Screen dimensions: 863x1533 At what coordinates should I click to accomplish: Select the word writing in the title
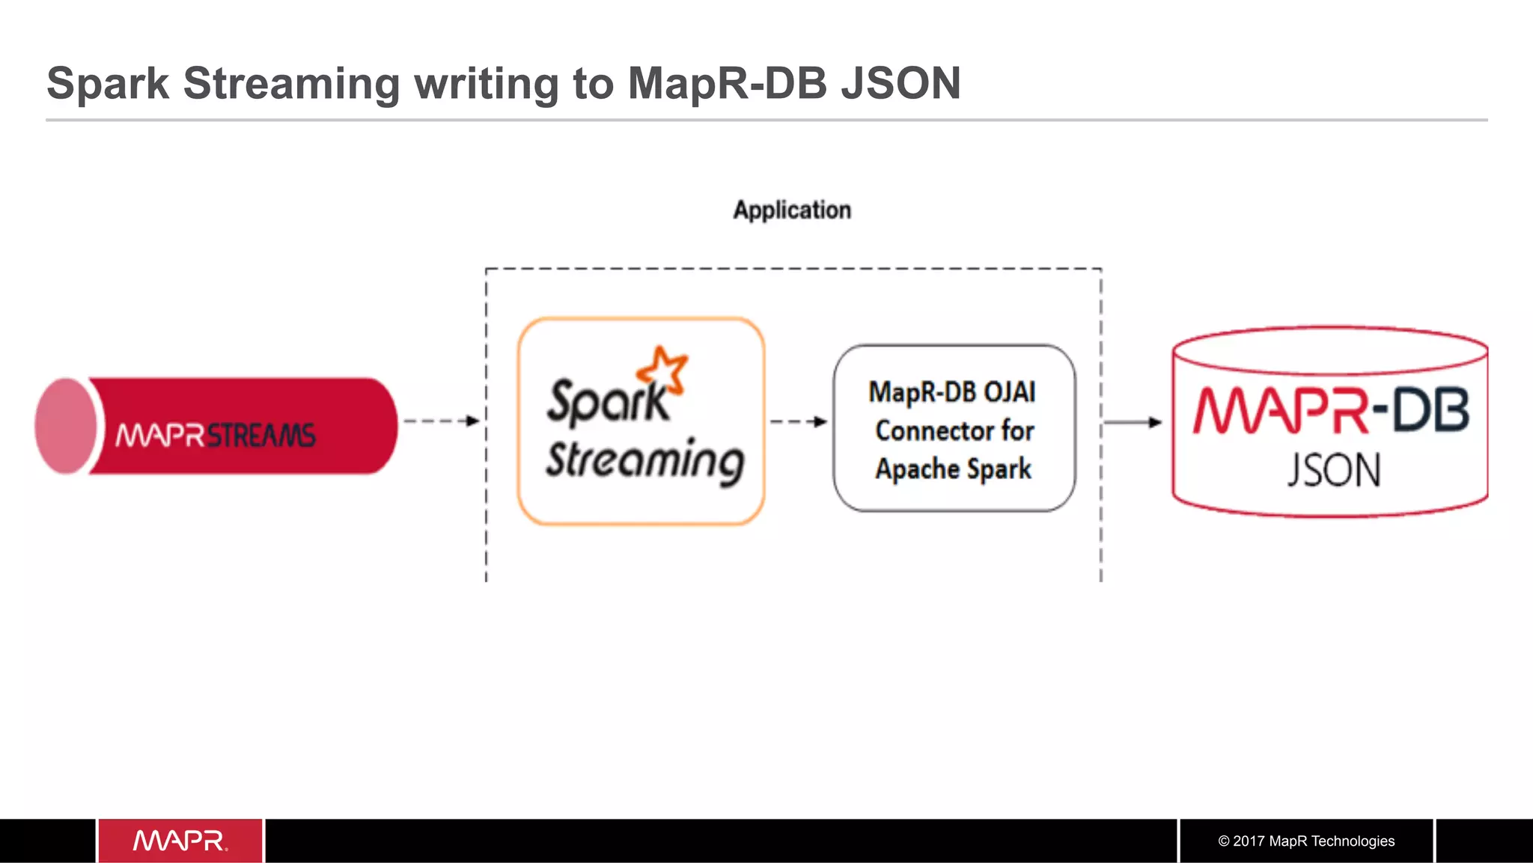[x=487, y=84]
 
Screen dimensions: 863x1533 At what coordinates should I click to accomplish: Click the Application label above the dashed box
[x=792, y=210]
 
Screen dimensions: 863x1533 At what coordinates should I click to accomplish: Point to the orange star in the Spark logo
[x=662, y=368]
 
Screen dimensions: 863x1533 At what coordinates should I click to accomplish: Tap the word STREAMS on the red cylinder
[x=260, y=435]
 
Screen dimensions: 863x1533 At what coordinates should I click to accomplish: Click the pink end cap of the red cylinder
[x=66, y=426]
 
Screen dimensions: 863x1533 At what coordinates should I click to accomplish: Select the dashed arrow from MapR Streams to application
[x=441, y=421]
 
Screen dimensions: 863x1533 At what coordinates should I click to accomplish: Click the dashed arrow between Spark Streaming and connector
[x=798, y=421]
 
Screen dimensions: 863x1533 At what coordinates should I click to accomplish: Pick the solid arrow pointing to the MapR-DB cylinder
[x=1132, y=422]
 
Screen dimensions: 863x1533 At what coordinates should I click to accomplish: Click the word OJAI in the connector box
[x=1009, y=392]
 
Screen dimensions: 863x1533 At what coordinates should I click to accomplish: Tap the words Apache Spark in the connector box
[x=953, y=469]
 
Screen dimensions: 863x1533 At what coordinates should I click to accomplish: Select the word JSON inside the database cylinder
[x=1333, y=471]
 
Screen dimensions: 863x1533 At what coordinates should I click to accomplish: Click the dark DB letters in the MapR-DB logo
[x=1430, y=410]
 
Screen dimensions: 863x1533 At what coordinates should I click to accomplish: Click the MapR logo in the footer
[x=180, y=841]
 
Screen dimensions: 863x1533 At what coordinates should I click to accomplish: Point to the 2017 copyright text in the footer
[x=1305, y=841]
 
